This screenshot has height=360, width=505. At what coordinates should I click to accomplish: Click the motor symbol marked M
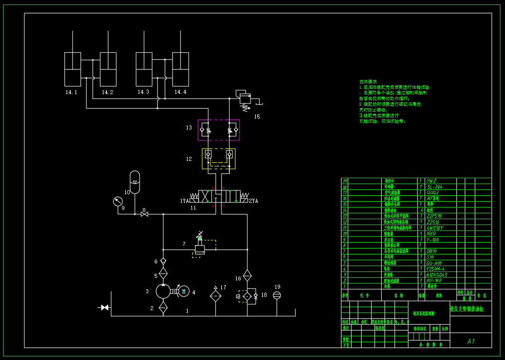coord(184,291)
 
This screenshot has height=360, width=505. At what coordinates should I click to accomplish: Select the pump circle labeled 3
coord(163,291)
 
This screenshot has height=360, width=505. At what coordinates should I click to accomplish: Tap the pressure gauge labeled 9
coord(118,201)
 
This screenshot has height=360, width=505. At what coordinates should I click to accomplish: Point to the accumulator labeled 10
coord(135,179)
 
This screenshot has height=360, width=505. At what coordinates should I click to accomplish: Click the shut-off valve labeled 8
coord(144,214)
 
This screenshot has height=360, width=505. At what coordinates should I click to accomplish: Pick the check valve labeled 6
coord(163,261)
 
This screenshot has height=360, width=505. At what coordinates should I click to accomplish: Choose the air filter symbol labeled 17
coord(215,295)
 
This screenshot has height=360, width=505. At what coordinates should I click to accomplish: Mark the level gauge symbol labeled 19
coord(277,295)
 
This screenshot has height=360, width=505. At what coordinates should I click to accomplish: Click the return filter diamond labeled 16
coord(247,275)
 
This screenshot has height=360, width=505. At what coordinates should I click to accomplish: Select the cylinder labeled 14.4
coord(181,70)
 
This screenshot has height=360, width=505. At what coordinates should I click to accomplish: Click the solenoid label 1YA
coord(185,201)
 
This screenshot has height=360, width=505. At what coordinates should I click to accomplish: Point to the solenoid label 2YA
coord(254,201)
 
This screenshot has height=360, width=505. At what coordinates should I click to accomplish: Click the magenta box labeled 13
coord(218,130)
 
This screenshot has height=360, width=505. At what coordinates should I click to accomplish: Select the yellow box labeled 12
coord(218,158)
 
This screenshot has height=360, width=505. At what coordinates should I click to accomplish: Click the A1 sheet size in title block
coord(471,341)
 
